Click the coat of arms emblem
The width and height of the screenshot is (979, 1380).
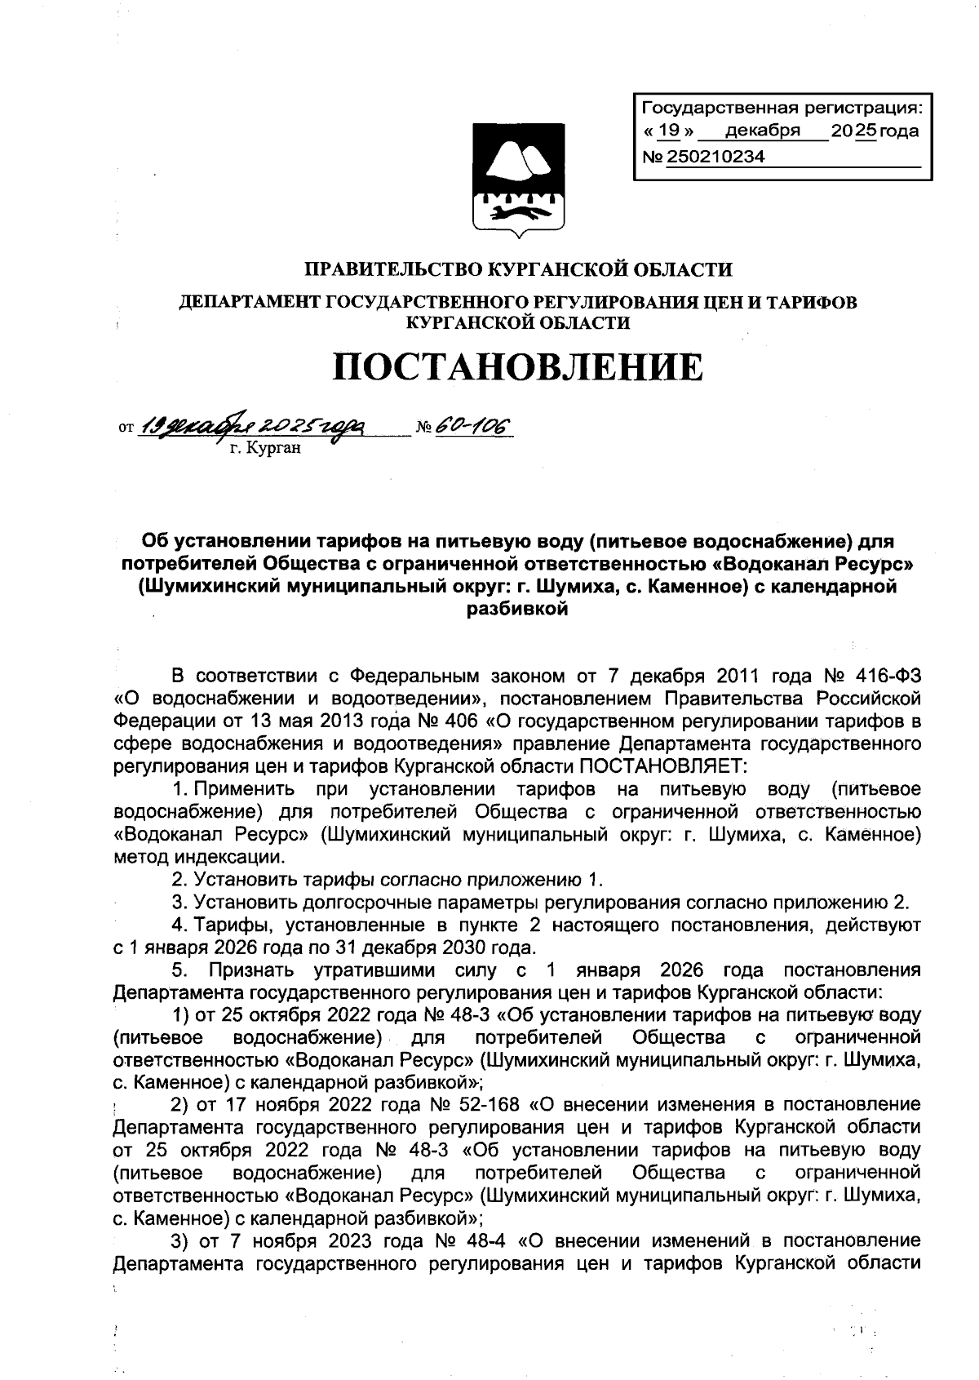point(519,179)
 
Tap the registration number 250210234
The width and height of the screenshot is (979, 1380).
point(716,157)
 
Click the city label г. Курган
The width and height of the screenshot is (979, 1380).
point(264,448)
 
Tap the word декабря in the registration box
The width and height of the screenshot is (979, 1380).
point(762,131)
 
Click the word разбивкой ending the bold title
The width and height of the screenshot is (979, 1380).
point(517,609)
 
